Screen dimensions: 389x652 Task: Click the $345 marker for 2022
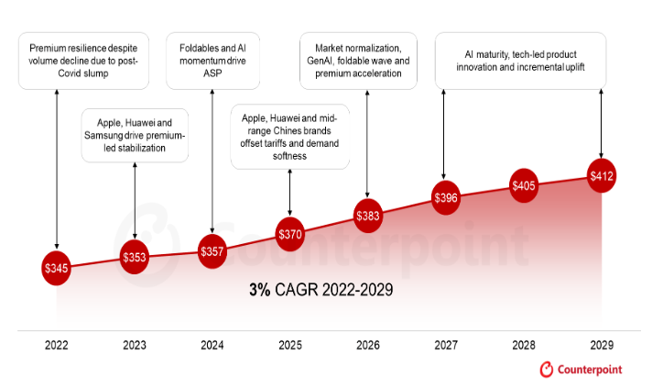(x=56, y=268)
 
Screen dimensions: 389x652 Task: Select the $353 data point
(x=135, y=258)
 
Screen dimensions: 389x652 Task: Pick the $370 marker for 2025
(x=289, y=234)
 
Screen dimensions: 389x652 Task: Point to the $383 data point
(x=367, y=216)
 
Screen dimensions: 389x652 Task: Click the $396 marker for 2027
(x=445, y=197)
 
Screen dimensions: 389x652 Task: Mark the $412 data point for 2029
(x=601, y=175)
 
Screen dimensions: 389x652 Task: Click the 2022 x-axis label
(x=56, y=346)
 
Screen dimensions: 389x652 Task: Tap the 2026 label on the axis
(x=367, y=346)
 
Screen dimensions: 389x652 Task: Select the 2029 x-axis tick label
(x=601, y=346)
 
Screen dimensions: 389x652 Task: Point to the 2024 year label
(x=212, y=346)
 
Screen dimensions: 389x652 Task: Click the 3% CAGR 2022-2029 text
(x=321, y=291)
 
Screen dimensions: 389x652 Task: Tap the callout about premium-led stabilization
(x=134, y=134)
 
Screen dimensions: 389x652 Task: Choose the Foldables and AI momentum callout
(x=212, y=60)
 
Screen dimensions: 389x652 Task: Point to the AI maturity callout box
(x=520, y=60)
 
